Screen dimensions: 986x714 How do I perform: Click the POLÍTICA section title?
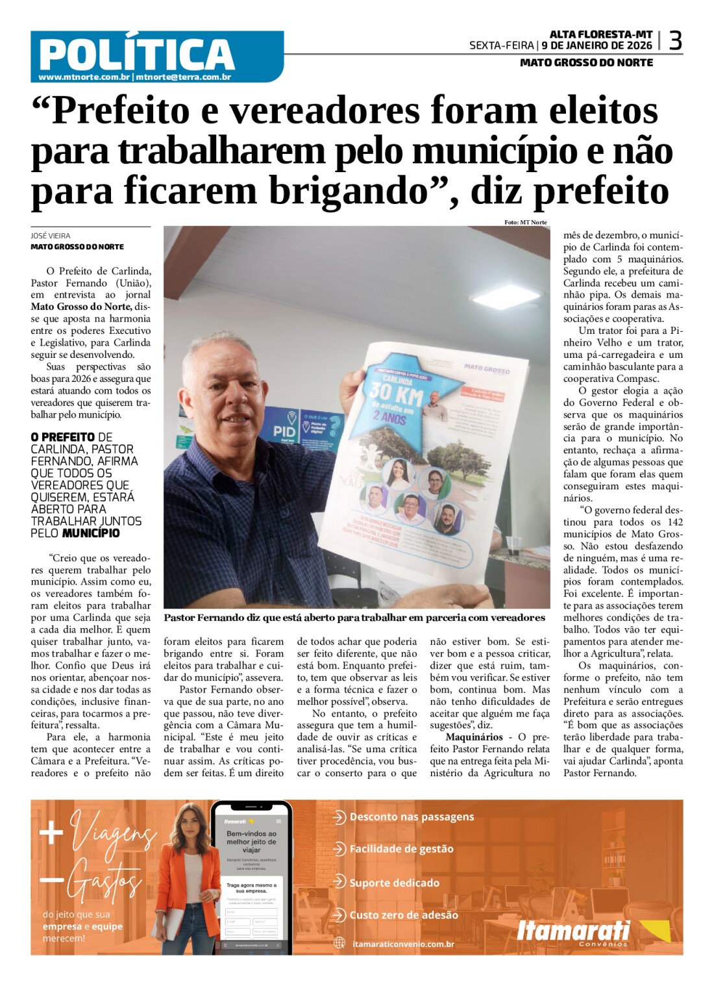pyautogui.click(x=136, y=53)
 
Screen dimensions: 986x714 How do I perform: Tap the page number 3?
pyautogui.click(x=675, y=41)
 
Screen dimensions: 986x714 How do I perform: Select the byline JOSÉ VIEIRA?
pyautogui.click(x=51, y=236)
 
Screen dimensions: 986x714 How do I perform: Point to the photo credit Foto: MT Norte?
pyautogui.click(x=525, y=222)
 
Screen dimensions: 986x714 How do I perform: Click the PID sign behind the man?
pyautogui.click(x=284, y=431)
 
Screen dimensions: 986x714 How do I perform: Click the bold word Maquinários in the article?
pyautogui.click(x=474, y=737)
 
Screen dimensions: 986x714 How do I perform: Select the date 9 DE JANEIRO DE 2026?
pyautogui.click(x=597, y=45)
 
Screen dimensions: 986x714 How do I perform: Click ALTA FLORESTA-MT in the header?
pyautogui.click(x=601, y=34)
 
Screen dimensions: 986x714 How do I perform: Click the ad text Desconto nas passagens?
pyautogui.click(x=412, y=817)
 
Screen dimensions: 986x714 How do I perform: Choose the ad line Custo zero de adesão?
pyautogui.click(x=404, y=915)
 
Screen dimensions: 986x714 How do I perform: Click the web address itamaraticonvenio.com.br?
pyautogui.click(x=403, y=944)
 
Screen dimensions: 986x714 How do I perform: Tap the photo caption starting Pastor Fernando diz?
pyautogui.click(x=354, y=618)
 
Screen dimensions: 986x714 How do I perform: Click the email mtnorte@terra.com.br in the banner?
pyautogui.click(x=184, y=77)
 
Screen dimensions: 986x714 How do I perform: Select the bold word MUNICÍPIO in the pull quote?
pyautogui.click(x=91, y=533)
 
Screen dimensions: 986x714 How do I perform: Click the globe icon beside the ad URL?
pyautogui.click(x=339, y=943)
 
